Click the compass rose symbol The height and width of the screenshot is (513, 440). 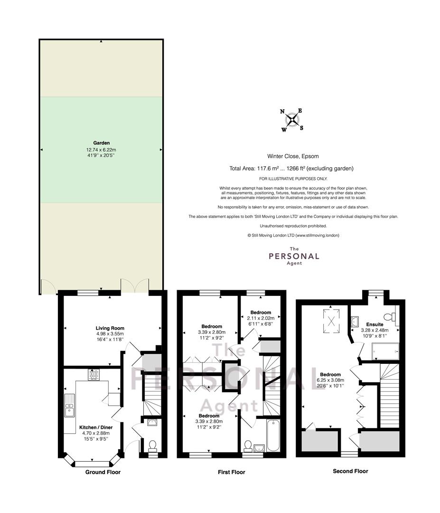[x=292, y=120]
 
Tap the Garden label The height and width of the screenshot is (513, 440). [x=101, y=143]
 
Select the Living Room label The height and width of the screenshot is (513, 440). [x=110, y=328]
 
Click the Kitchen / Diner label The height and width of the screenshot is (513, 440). [x=96, y=427]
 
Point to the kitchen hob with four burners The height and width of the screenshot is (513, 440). [x=94, y=375]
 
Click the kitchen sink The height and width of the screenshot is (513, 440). [x=70, y=406]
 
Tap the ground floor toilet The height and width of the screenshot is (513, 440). [x=152, y=446]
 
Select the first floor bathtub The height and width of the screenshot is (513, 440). [x=273, y=436]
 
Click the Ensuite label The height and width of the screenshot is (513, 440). [x=374, y=324]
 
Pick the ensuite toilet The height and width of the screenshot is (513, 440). [x=390, y=317]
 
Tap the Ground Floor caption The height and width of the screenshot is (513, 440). [x=103, y=472]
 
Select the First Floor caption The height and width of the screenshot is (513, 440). [x=232, y=472]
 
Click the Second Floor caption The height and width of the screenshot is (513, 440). [x=350, y=471]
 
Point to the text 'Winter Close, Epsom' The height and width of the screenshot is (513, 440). [x=293, y=156]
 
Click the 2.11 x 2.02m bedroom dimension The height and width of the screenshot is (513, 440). [x=261, y=318]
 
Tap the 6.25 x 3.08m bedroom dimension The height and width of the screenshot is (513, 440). [x=330, y=380]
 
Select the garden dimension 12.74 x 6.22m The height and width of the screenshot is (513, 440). [x=101, y=150]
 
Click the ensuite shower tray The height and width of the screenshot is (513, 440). [x=385, y=351]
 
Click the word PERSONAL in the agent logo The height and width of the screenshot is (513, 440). [x=294, y=256]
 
